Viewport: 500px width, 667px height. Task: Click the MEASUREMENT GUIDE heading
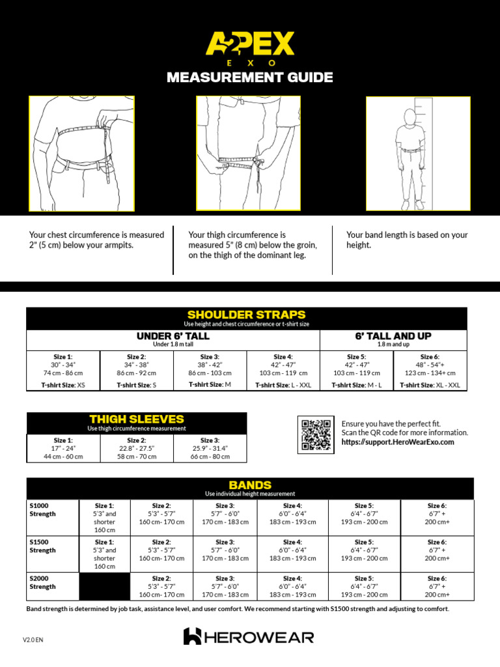click(250, 78)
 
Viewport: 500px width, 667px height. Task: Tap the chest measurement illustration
click(81, 154)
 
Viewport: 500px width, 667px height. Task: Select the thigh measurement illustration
click(248, 154)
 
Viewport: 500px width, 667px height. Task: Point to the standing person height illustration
click(417, 154)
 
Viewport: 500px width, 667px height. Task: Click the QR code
click(316, 434)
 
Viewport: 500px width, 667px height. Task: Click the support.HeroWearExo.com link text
click(398, 442)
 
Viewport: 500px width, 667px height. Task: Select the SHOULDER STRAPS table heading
click(246, 315)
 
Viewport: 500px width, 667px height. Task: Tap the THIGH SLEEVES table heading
click(136, 419)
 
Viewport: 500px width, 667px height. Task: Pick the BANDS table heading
click(250, 485)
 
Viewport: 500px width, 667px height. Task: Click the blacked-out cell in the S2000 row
click(104, 586)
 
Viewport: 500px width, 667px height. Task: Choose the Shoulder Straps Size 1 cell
click(63, 371)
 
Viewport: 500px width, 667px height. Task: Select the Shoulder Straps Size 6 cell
click(430, 371)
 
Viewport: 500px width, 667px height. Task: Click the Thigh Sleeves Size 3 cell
click(210, 448)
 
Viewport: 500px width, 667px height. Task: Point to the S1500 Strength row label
click(43, 546)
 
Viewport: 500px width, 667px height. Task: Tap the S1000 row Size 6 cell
click(437, 513)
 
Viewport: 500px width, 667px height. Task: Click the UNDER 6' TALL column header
click(173, 336)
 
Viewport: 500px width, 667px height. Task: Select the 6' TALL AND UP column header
click(393, 336)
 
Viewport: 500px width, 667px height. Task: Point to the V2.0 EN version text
click(33, 640)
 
